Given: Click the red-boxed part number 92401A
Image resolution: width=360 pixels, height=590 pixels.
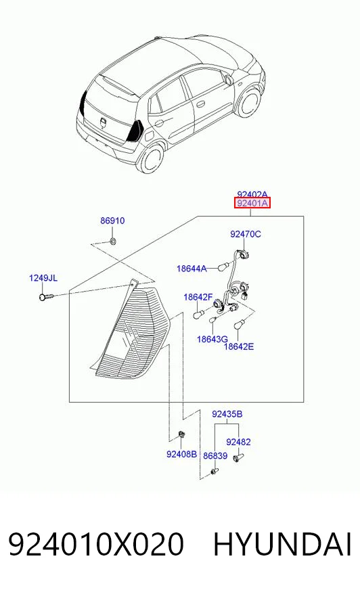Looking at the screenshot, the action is [x=252, y=204].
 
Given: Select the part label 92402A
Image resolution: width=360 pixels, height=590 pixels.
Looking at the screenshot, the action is [x=252, y=194].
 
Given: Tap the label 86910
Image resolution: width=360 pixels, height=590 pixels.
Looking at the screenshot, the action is [x=112, y=221].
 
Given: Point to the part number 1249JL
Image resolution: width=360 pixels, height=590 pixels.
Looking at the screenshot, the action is [x=43, y=278].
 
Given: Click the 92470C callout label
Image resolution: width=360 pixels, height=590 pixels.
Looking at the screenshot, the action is [x=245, y=234].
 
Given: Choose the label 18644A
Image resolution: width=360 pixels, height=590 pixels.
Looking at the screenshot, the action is [x=192, y=269].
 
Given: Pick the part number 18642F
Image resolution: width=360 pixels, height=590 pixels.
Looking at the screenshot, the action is [x=198, y=297].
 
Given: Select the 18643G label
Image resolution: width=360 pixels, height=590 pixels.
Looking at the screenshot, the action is [x=212, y=340].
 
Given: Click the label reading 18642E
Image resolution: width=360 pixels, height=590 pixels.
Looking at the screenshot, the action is [x=239, y=346].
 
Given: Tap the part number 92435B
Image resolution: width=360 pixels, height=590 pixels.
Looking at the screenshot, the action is [x=227, y=414].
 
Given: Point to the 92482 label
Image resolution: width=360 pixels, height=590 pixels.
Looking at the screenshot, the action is [x=238, y=442].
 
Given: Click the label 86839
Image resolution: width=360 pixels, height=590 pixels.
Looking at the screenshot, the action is [x=215, y=456].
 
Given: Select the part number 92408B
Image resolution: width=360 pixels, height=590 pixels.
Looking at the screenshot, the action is [x=182, y=455].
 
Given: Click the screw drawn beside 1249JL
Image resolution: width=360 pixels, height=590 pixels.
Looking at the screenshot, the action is [x=46, y=297].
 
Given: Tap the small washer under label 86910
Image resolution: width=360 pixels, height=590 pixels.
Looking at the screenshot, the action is [x=113, y=240].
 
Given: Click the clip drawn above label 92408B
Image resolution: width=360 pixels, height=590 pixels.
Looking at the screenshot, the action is [x=181, y=434].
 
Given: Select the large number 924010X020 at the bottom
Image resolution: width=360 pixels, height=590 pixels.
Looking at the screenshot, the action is [x=96, y=545].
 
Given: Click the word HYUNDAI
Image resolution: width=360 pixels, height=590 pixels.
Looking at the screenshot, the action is [x=282, y=545].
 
